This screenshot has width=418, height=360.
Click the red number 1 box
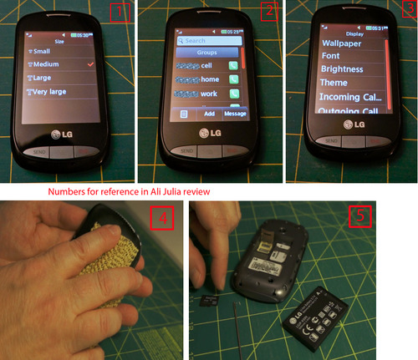[120, 13]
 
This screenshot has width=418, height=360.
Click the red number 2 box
[267, 12]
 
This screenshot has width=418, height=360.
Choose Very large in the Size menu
[59, 92]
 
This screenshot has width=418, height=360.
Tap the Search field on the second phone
[206, 39]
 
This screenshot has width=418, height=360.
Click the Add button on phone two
[209, 113]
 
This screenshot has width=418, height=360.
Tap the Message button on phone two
[234, 113]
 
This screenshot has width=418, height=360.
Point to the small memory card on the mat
[210, 298]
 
